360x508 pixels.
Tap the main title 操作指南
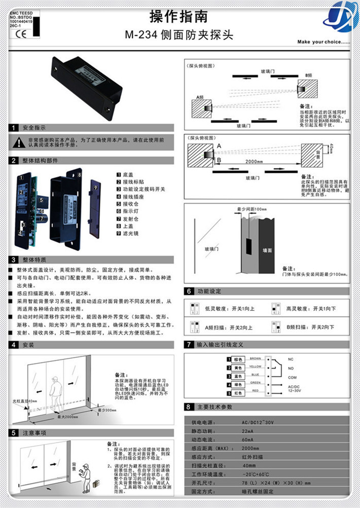(x=179, y=16)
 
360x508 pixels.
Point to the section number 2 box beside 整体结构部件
(x=13, y=161)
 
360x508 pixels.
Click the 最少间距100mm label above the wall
(x=251, y=209)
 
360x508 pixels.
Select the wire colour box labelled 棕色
(x=237, y=359)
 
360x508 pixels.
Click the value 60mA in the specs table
(x=248, y=439)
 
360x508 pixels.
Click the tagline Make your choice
(x=323, y=42)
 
